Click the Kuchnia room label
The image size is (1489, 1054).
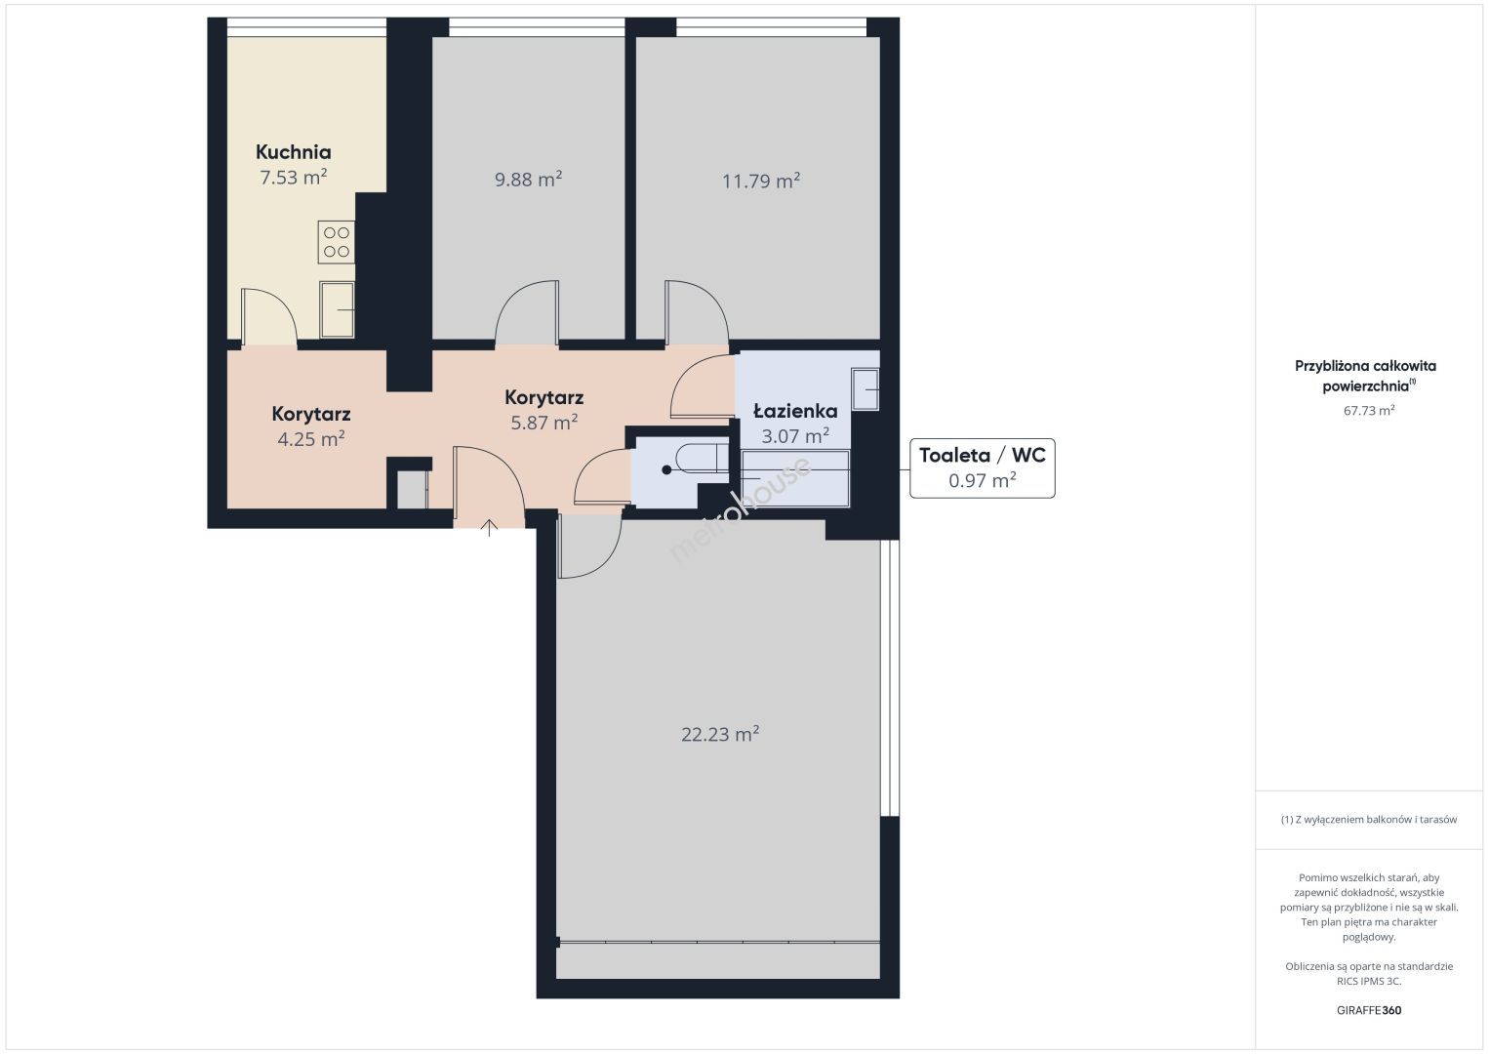tap(293, 152)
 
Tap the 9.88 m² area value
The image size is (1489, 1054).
tap(529, 180)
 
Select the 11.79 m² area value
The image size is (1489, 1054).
tap(761, 181)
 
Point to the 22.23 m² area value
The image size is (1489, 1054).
tap(720, 734)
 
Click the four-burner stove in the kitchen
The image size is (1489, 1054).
tap(337, 242)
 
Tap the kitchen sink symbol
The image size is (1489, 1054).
tap(337, 309)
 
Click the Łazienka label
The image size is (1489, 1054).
tap(795, 412)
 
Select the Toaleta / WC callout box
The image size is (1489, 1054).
tap(983, 468)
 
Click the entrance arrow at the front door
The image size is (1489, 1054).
tap(489, 527)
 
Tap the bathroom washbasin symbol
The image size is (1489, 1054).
tap(865, 389)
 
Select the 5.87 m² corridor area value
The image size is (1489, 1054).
tap(543, 423)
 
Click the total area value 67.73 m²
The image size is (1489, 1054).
tap(1369, 410)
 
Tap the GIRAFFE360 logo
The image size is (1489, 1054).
tap(1369, 1010)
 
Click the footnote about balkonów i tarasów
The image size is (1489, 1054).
tap(1369, 819)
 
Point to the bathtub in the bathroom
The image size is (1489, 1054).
tap(795, 478)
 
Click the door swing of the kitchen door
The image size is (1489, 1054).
tap(269, 317)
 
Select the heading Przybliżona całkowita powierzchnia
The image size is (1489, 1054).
tap(1365, 376)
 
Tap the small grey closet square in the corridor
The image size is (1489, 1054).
tap(412, 490)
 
